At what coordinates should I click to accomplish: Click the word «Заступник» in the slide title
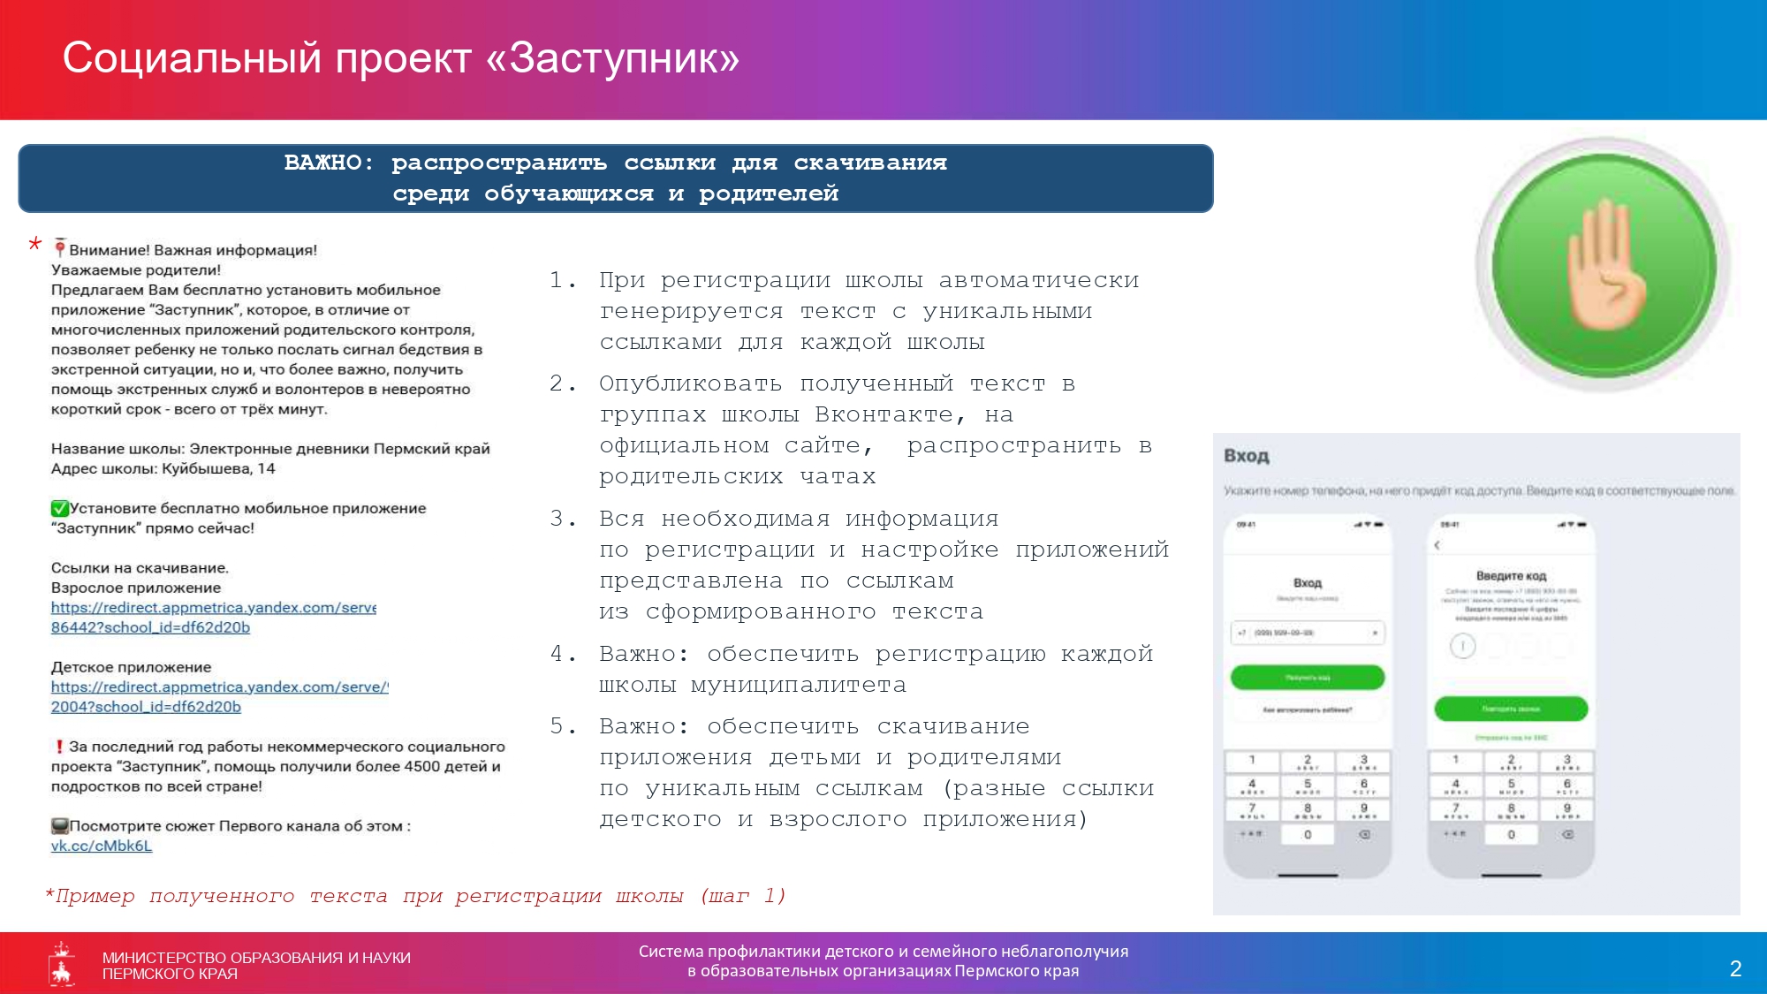[611, 58]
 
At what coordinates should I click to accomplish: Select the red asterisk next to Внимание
[35, 244]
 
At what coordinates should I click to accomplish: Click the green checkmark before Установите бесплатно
[59, 508]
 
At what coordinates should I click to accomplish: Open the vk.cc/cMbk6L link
[102, 846]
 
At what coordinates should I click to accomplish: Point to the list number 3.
[558, 519]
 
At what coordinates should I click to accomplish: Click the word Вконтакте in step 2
[883, 414]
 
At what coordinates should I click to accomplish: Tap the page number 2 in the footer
[1735, 968]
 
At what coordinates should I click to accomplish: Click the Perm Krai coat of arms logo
[62, 964]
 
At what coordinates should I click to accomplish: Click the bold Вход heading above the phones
[1246, 456]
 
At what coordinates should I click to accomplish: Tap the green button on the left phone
[1307, 678]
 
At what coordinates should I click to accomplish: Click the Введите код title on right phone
[1511, 576]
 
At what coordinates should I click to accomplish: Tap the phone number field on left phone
[1307, 633]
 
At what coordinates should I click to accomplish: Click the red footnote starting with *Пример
[415, 896]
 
